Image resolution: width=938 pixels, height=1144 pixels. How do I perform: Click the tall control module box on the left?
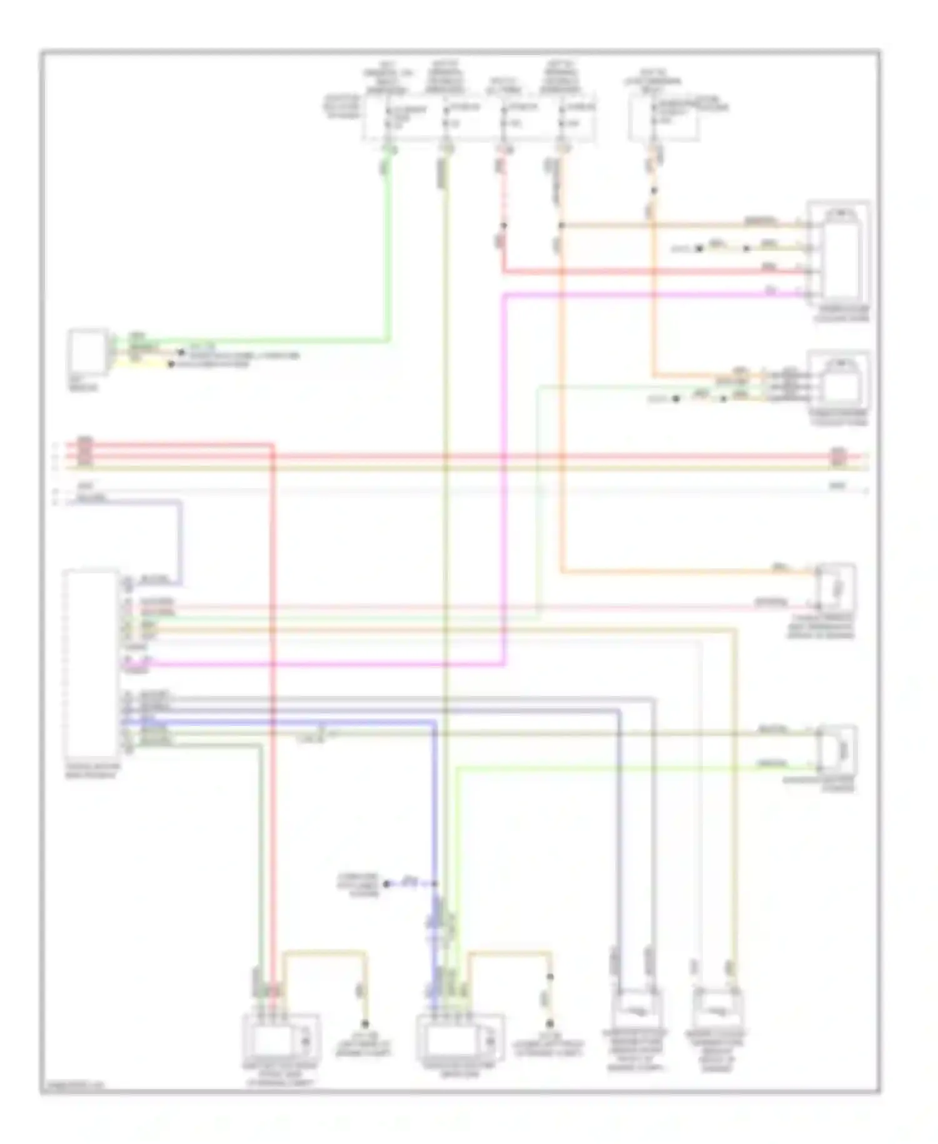coord(91,663)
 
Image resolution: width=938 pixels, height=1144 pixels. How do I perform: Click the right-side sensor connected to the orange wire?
coord(837,586)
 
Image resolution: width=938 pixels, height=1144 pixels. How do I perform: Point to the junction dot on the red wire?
coord(503,225)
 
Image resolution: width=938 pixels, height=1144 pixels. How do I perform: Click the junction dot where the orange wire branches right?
coord(561,225)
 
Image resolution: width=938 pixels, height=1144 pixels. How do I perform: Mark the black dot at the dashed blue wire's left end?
coord(386,884)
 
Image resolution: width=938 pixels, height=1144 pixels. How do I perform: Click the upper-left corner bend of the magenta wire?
coord(504,294)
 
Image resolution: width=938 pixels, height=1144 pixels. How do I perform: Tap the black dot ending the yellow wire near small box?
coord(171,364)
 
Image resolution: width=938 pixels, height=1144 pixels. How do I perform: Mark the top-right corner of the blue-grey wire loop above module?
coord(181,501)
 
